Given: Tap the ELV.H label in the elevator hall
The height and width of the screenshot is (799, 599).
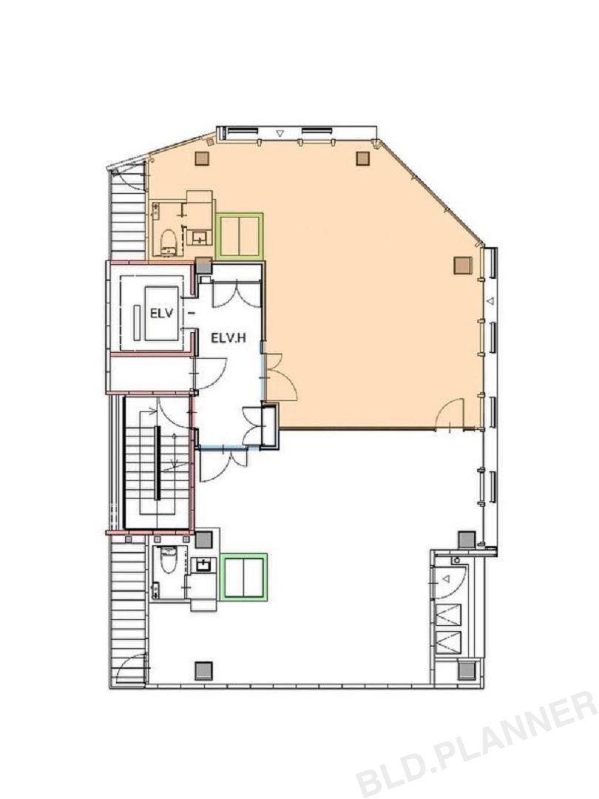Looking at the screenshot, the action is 229,337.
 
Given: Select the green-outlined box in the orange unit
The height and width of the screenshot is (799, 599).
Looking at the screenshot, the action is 240,236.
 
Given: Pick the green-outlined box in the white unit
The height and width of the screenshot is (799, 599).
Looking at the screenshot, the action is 245,576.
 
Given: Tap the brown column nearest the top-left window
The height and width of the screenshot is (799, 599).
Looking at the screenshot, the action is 203,158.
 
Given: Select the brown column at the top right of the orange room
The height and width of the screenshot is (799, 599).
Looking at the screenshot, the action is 362,159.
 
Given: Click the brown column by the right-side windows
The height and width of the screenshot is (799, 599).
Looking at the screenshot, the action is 462,266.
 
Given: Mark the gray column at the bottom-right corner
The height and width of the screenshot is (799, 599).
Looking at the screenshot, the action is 467,670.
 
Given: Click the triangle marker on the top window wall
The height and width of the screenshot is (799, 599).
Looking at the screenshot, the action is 279,133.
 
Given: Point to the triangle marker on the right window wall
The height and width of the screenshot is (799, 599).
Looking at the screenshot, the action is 490,302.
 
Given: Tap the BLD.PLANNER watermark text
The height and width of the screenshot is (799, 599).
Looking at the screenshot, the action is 476,745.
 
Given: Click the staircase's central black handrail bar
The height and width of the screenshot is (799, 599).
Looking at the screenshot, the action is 158,462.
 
